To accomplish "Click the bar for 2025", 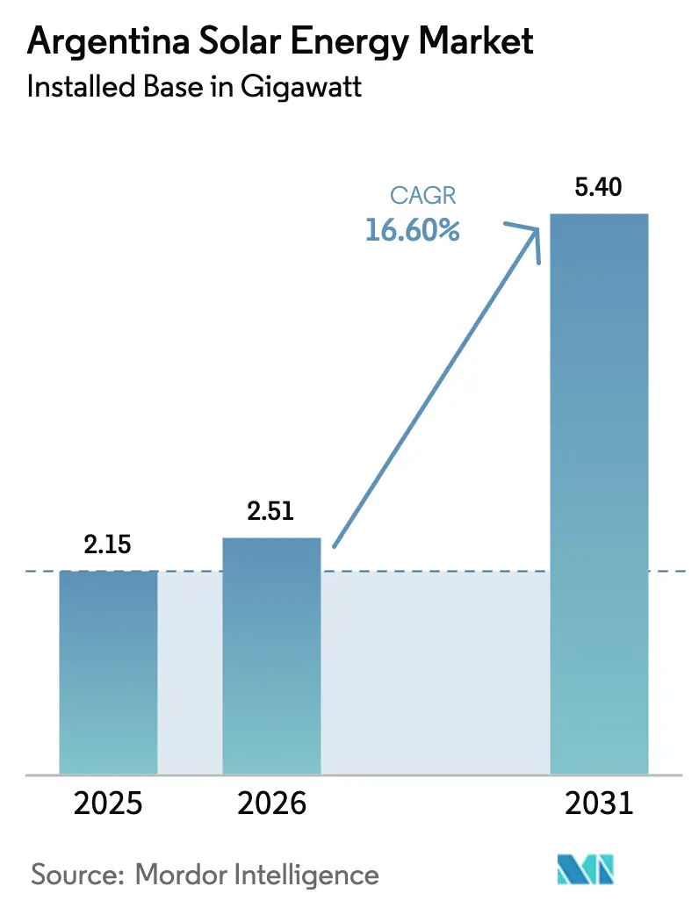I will pyautogui.click(x=108, y=672).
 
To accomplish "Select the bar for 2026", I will pyautogui.click(x=271, y=655).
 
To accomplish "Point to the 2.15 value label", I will pyautogui.click(x=107, y=544).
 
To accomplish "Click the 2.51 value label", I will pyautogui.click(x=271, y=512).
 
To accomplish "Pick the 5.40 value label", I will pyautogui.click(x=598, y=187).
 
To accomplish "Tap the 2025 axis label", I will pyautogui.click(x=108, y=804).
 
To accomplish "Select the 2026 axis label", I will pyautogui.click(x=271, y=804).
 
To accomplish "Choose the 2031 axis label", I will pyautogui.click(x=598, y=804).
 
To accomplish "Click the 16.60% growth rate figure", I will pyautogui.click(x=412, y=231).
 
